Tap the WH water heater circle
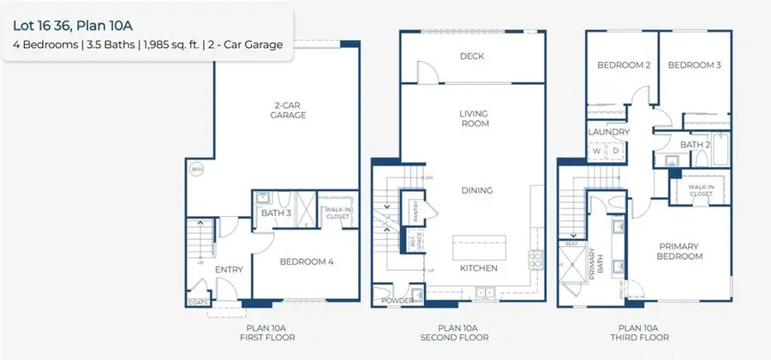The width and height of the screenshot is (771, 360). pyautogui.click(x=196, y=169)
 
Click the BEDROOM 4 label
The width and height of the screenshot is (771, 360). pyautogui.click(x=306, y=261)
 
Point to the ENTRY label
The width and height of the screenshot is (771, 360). pyautogui.click(x=229, y=270)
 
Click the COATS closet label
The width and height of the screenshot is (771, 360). pyautogui.click(x=198, y=302)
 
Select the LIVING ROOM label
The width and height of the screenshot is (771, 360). pyautogui.click(x=474, y=117)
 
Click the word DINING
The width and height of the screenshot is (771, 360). pyautogui.click(x=474, y=190)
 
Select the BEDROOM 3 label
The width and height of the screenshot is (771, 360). pyautogui.click(x=693, y=65)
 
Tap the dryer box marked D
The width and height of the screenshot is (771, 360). pyautogui.click(x=616, y=151)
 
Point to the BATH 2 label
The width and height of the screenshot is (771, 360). pyautogui.click(x=694, y=146)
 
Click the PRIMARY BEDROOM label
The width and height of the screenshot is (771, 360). pyautogui.click(x=679, y=250)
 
